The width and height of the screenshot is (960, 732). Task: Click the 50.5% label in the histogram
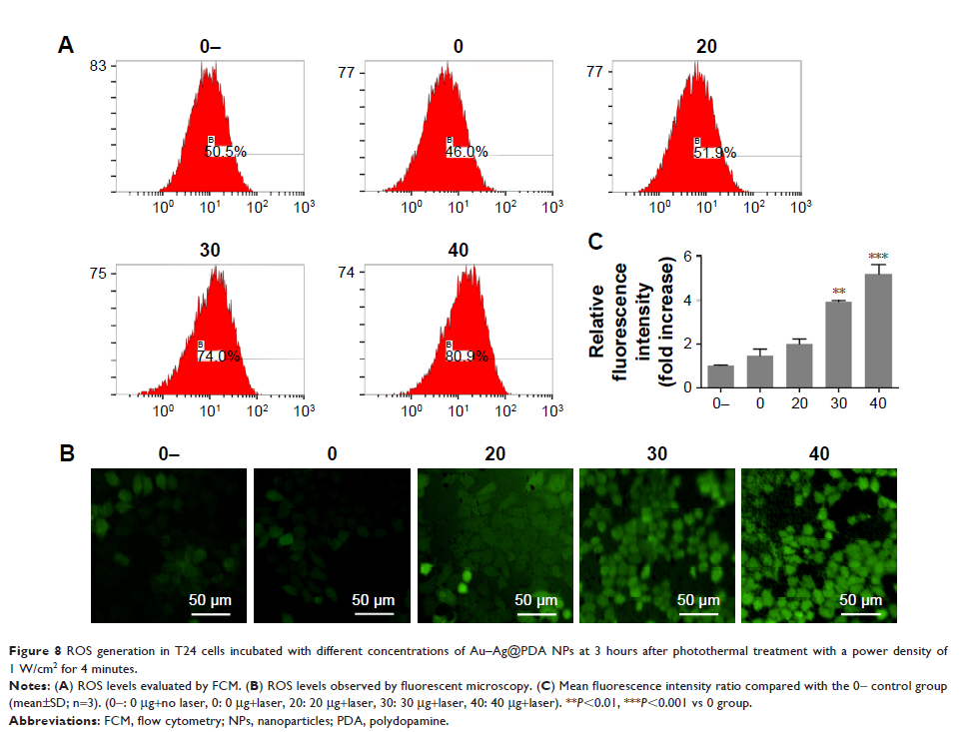(x=226, y=153)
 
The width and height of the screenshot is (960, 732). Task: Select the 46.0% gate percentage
(x=468, y=153)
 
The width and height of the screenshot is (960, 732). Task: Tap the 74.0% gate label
(x=218, y=357)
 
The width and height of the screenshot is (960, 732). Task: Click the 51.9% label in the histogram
(x=715, y=153)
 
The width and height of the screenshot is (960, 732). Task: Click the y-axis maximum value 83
(x=97, y=67)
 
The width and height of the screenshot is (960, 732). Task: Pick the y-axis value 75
(x=97, y=273)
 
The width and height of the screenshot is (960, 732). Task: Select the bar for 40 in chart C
(x=879, y=331)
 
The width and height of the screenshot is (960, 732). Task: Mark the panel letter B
(x=67, y=454)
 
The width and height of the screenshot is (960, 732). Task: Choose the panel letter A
(x=67, y=45)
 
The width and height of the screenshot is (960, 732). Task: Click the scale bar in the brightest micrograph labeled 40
(x=861, y=612)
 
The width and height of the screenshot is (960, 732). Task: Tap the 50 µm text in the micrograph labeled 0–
(x=212, y=600)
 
